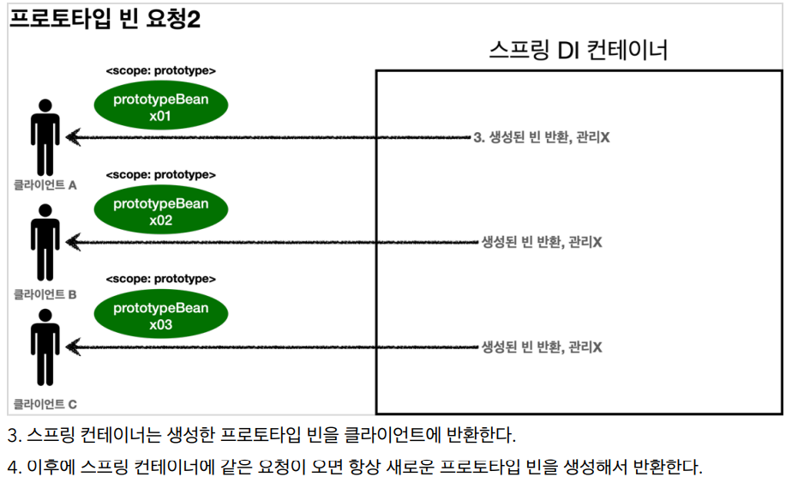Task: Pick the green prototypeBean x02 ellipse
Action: pyautogui.click(x=161, y=211)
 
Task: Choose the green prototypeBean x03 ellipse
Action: pyautogui.click(x=161, y=316)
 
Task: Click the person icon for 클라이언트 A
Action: pyautogui.click(x=45, y=137)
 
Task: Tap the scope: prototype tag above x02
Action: pyautogui.click(x=161, y=175)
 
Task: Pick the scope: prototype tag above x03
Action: pyautogui.click(x=161, y=280)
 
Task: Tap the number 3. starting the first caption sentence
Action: pyautogui.click(x=14, y=434)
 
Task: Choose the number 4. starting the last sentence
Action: pyautogui.click(x=14, y=468)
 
